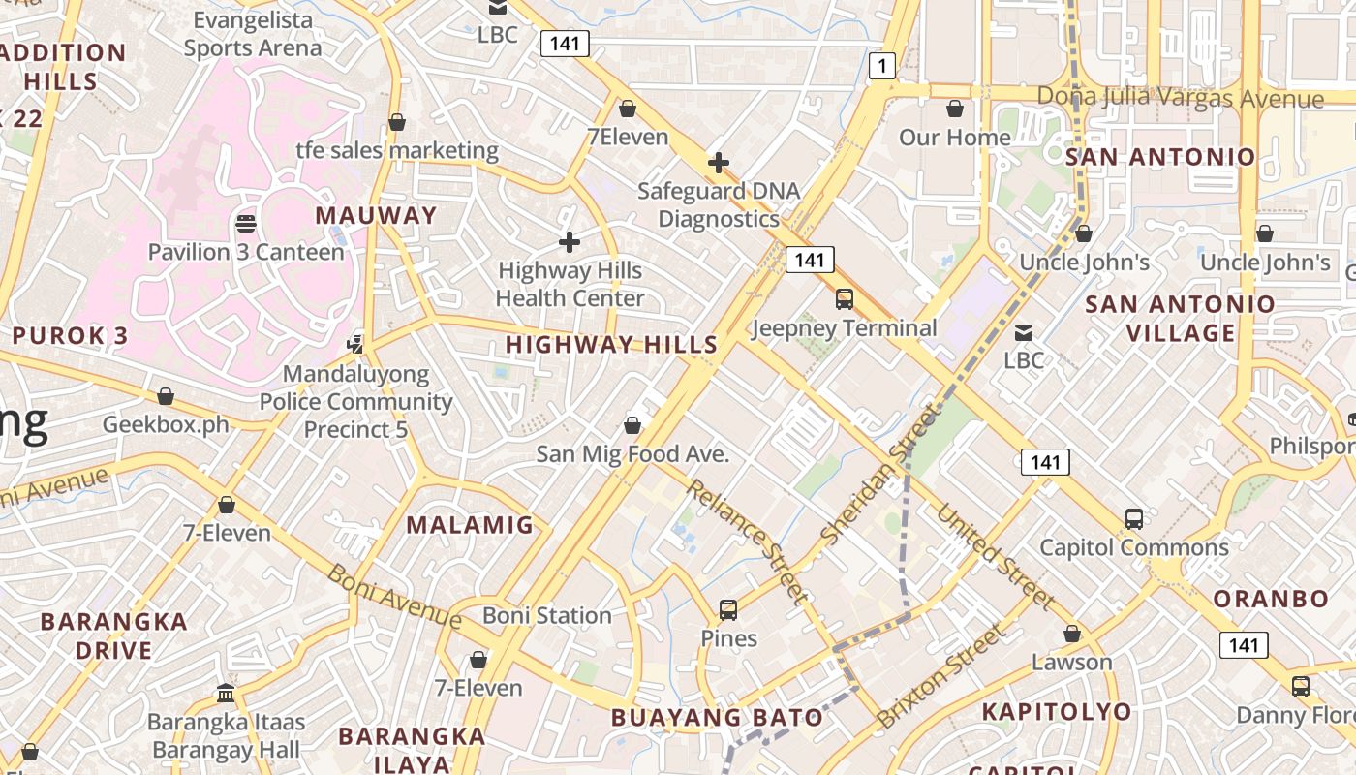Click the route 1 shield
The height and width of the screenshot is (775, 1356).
pos(881,66)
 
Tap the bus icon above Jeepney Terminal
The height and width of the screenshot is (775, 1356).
pos(845,299)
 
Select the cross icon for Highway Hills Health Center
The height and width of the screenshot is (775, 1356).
pos(570,241)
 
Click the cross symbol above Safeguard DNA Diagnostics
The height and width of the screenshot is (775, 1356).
pos(718,162)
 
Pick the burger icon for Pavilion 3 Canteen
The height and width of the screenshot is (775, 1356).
pos(245,224)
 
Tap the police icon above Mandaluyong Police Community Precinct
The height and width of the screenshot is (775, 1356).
pos(355,343)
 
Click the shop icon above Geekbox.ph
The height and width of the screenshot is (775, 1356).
pos(166,396)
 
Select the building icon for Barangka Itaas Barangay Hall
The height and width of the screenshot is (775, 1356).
pos(226,693)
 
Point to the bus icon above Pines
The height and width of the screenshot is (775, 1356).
pos(728,610)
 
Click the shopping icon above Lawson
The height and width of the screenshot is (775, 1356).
pos(1071,634)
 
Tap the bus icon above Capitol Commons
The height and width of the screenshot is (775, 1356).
pos(1134,518)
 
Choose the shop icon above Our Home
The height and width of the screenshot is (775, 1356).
pos(955,108)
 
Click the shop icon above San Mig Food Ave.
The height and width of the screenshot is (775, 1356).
pos(632,425)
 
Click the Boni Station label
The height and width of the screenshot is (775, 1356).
pos(547,615)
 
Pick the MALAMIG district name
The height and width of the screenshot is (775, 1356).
pos(470,525)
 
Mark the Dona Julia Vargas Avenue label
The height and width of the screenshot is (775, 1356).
pos(1180,98)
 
